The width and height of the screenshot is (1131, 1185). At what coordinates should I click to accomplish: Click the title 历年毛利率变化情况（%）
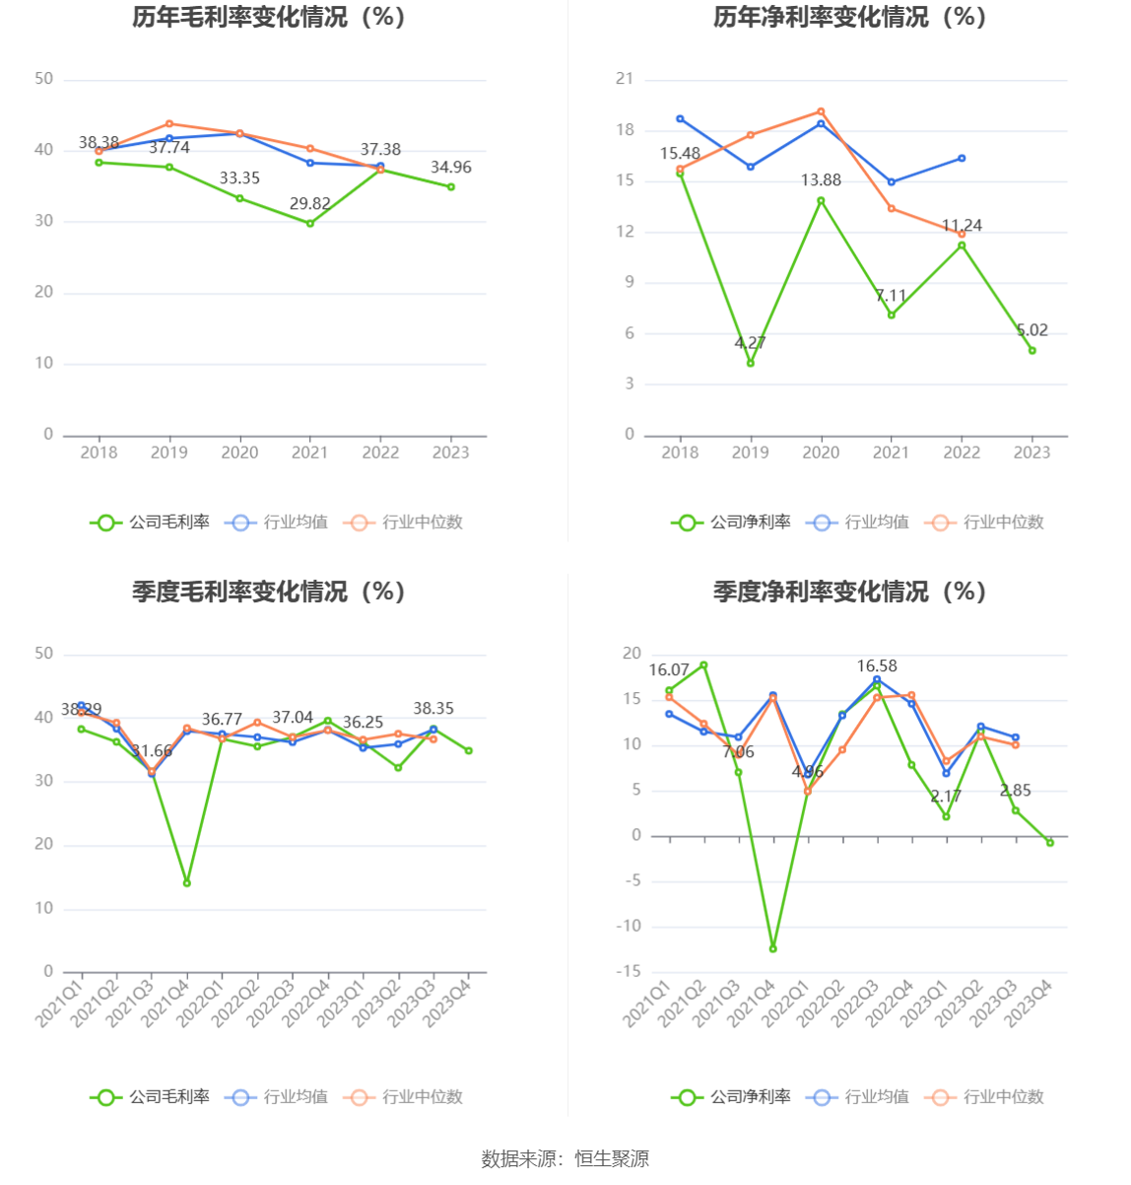[x=269, y=17]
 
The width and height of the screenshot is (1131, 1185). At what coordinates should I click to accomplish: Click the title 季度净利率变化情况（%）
[x=849, y=592]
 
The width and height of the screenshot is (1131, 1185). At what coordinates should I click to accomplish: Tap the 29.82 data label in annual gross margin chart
[x=310, y=204]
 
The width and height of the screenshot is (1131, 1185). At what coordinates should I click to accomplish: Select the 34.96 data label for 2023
[x=450, y=168]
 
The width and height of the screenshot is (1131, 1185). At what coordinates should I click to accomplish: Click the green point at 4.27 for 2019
[x=751, y=363]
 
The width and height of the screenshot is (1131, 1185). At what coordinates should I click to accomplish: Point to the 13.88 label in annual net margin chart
[x=821, y=180]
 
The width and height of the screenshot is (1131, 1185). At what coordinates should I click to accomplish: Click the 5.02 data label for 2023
[x=1031, y=330]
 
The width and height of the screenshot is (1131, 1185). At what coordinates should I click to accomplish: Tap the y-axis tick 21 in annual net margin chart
[x=625, y=79]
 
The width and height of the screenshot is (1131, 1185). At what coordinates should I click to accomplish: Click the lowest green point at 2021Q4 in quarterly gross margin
[x=187, y=882]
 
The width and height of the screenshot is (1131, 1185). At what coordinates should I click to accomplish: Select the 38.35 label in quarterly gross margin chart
[x=433, y=709]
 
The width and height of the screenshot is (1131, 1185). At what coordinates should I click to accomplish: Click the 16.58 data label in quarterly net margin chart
[x=877, y=666]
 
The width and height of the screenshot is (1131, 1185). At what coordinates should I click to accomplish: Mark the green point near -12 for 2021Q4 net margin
[x=773, y=948]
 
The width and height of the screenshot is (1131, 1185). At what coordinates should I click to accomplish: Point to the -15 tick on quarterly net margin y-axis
[x=629, y=972]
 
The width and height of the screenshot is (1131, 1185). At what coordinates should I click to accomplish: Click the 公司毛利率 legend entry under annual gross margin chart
[x=151, y=523]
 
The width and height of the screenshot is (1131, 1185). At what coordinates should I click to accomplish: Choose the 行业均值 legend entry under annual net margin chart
[x=858, y=523]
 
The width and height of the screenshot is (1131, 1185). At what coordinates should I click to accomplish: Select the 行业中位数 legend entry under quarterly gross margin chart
[x=404, y=1097]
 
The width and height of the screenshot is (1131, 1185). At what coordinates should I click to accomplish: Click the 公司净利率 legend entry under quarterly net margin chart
[x=732, y=1097]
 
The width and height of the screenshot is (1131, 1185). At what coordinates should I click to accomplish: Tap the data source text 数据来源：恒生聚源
[x=565, y=1159]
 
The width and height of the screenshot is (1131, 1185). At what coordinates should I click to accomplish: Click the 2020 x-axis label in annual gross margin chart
[x=239, y=453]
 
